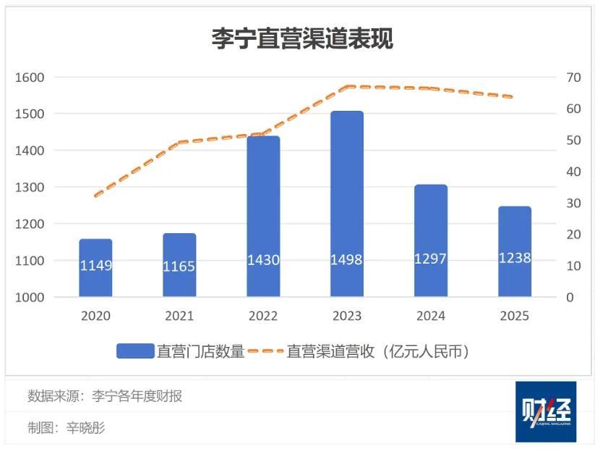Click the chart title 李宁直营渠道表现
click(x=302, y=38)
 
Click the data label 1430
click(x=263, y=260)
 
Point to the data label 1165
click(x=179, y=267)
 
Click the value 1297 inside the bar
click(x=431, y=259)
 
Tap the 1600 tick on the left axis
click(x=30, y=77)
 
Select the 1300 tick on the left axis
click(x=30, y=188)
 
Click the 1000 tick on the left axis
click(x=30, y=297)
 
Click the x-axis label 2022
click(x=263, y=316)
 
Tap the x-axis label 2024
click(x=431, y=316)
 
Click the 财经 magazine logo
click(x=546, y=411)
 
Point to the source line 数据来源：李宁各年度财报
click(x=105, y=396)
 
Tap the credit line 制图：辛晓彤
click(x=67, y=428)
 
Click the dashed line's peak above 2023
click(x=348, y=87)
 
